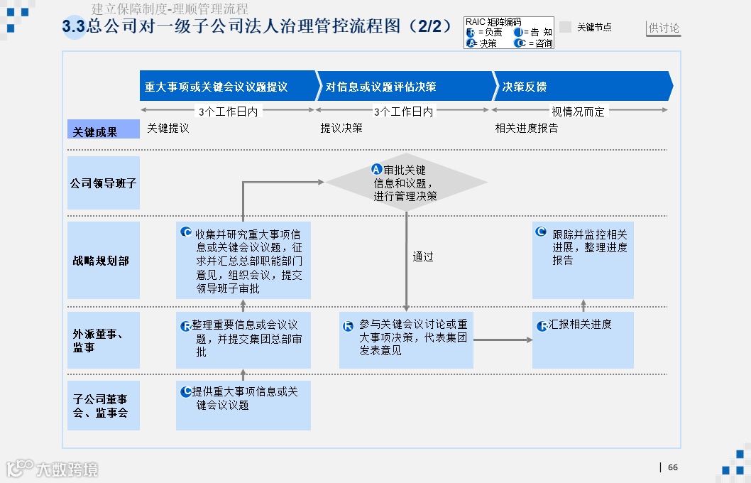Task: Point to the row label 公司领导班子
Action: point(104,183)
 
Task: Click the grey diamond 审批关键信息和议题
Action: point(406,183)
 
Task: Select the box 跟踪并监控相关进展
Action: point(583,260)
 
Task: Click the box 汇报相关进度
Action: point(583,340)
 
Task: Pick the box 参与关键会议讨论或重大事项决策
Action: point(406,340)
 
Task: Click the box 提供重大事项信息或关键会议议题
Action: point(243,405)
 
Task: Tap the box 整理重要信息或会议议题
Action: point(243,340)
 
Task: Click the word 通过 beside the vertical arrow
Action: point(423,257)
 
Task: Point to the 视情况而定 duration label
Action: point(579,112)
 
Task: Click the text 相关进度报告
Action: point(527,129)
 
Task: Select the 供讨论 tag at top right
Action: point(664,28)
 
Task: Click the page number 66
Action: point(673,467)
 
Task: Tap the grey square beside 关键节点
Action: point(566,27)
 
